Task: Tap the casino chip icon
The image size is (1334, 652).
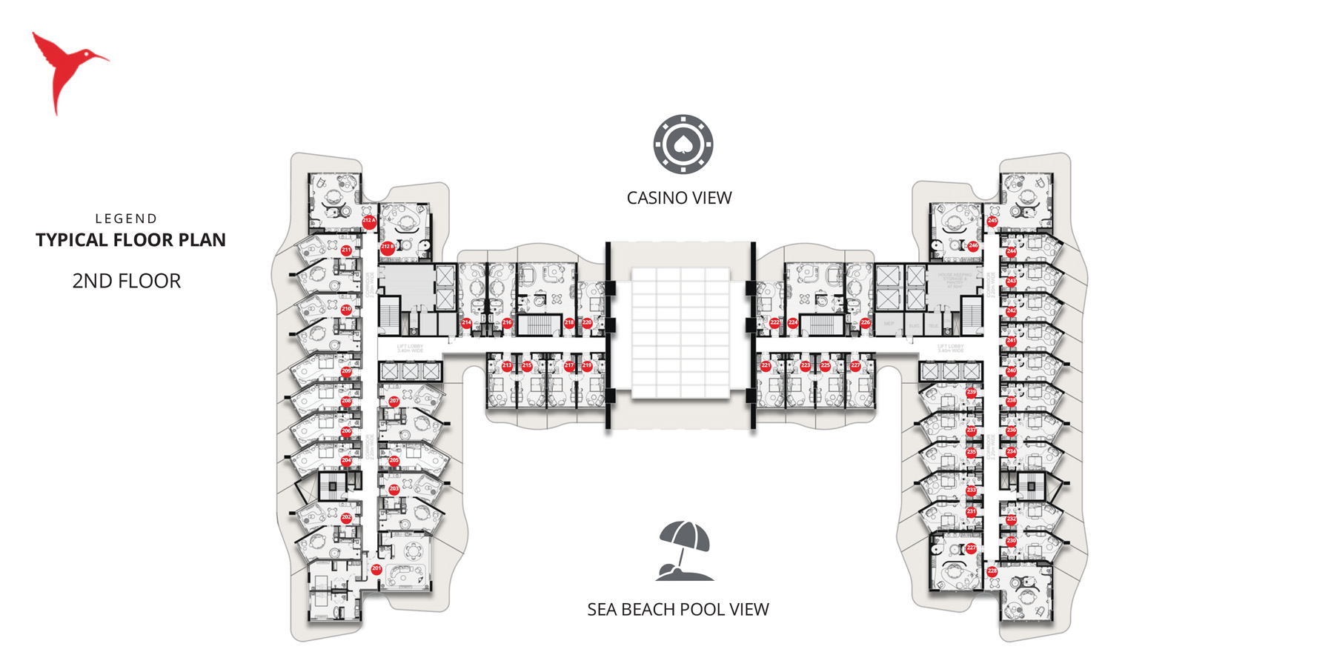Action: [x=683, y=144]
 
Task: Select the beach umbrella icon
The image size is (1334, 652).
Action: [x=685, y=551]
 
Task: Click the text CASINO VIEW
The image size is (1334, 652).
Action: [x=679, y=198]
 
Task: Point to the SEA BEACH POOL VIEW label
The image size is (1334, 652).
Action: [x=677, y=609]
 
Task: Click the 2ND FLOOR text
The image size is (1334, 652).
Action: [x=126, y=281]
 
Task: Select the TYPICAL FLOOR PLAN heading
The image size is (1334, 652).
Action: [x=130, y=240]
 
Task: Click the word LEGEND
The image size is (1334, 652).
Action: [x=126, y=219]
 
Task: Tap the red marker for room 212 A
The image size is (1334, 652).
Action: [x=368, y=221]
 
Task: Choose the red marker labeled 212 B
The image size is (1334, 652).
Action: [x=387, y=247]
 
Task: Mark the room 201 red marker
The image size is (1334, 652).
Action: [x=376, y=569]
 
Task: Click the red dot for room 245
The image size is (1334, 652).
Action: [x=992, y=221]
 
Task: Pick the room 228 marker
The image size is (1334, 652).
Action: [x=992, y=571]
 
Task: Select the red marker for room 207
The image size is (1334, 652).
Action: [x=394, y=401]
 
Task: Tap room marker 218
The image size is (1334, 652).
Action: [x=569, y=323]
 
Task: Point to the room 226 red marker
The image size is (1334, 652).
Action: [x=865, y=323]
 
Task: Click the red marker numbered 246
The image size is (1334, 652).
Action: [x=973, y=245]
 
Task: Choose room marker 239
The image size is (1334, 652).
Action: [x=971, y=393]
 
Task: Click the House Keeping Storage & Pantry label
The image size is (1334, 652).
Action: [x=955, y=280]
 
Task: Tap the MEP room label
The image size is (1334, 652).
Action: [x=889, y=324]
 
